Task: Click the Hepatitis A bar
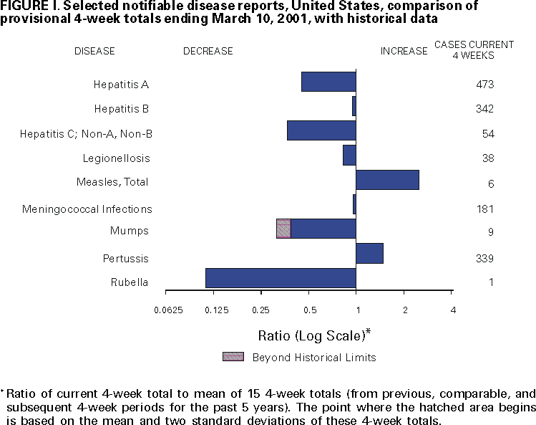[328, 82]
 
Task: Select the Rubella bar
[281, 278]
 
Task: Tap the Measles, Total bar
[387, 180]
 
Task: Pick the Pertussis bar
[369, 254]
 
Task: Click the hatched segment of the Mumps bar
[283, 229]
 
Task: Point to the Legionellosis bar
[349, 155]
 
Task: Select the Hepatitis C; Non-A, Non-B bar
[321, 130]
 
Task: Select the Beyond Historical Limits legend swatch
[233, 357]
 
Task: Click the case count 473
[485, 85]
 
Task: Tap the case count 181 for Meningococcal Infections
[485, 209]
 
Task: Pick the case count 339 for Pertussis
[485, 258]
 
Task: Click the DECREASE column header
[208, 51]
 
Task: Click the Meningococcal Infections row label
[87, 209]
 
